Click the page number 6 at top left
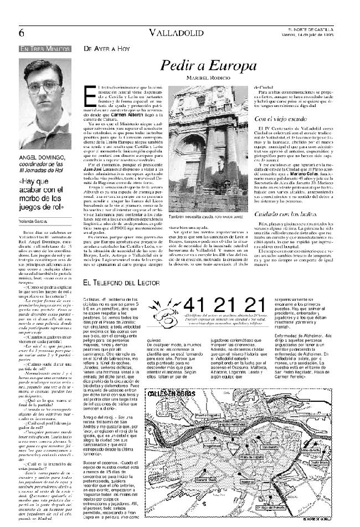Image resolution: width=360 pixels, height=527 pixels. click(22, 32)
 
